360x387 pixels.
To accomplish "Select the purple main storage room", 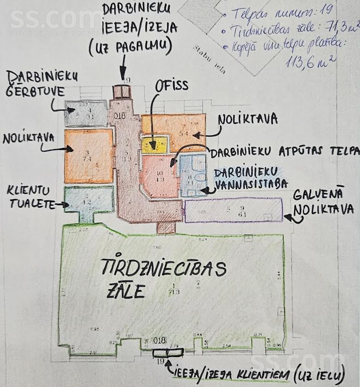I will [233, 211].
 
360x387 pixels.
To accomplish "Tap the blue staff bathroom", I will [192, 175].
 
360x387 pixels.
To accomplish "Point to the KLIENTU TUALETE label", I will [30, 197].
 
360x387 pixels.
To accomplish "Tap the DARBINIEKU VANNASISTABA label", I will [251, 178].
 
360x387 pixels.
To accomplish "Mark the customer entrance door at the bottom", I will [168, 353].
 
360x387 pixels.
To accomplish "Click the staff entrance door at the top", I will [122, 91].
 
